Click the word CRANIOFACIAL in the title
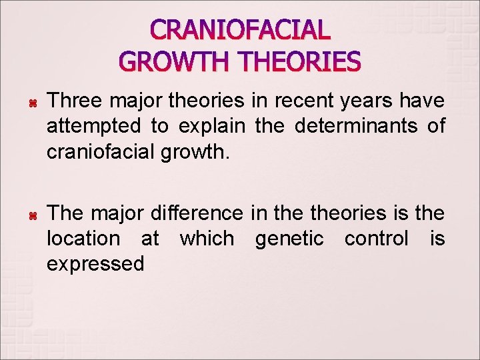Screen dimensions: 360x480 click(x=240, y=30)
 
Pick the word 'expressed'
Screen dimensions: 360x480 click(x=95, y=264)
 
